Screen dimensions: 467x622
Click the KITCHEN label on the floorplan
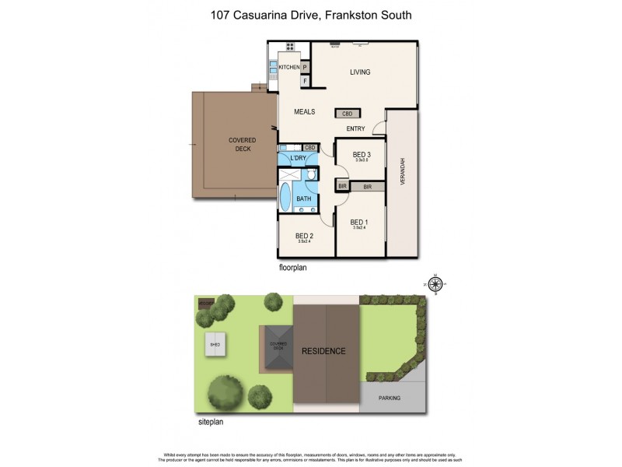pos(289,68)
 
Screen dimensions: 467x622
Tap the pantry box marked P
pos(306,68)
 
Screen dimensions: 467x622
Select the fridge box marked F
pos(306,81)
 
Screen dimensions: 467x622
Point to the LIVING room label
pos(360,72)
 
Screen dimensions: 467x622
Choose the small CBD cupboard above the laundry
pos(309,147)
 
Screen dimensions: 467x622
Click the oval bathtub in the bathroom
pos(285,198)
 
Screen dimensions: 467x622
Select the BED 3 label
pos(362,155)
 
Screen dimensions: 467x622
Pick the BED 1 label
pos(359,222)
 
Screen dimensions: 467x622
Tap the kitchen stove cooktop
pos(274,68)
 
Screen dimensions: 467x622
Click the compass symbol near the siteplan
pos(435,286)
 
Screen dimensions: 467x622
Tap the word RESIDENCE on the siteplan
pos(324,351)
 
